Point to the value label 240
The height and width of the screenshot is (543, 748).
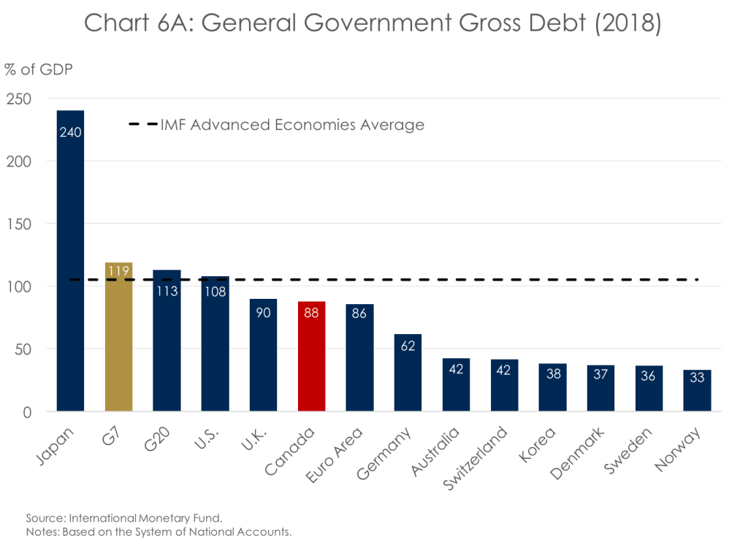pos(70,132)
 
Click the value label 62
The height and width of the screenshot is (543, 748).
pos(408,346)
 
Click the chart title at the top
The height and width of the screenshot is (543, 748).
pos(373,23)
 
